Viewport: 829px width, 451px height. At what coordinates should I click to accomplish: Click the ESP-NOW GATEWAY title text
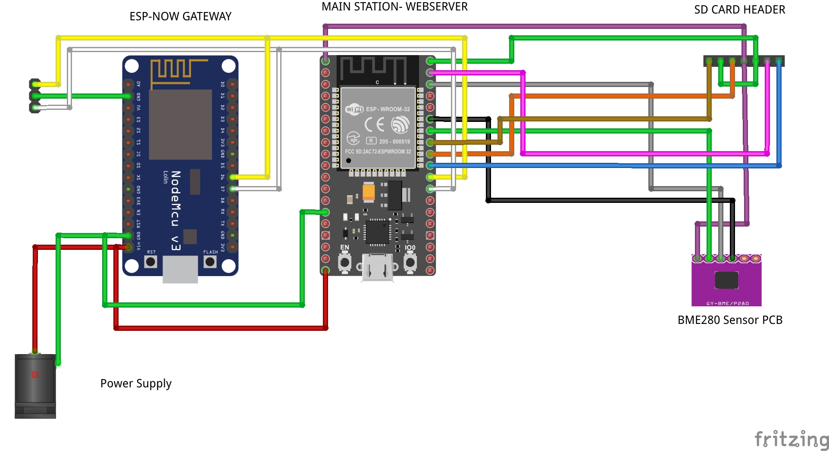[180, 16]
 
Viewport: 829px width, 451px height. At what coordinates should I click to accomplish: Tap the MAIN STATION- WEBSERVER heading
[394, 6]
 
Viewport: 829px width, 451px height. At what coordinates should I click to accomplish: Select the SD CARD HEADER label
[739, 9]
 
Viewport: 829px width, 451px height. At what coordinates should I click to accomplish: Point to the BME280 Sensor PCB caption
[729, 320]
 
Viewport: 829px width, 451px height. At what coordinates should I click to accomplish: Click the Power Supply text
[136, 383]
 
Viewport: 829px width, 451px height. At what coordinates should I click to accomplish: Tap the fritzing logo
[791, 439]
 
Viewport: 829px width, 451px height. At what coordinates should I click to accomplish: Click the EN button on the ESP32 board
[344, 262]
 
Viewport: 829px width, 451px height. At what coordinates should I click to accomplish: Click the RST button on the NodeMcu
[150, 261]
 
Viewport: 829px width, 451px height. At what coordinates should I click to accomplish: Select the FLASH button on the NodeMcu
[210, 261]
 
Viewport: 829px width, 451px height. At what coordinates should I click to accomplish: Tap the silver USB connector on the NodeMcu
[180, 269]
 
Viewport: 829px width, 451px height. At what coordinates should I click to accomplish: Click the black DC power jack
[35, 386]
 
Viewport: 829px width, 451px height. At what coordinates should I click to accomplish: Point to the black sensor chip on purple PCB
[726, 280]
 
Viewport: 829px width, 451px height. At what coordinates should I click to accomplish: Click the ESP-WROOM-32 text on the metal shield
[388, 109]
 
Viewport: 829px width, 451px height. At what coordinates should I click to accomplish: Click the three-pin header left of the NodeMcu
[34, 96]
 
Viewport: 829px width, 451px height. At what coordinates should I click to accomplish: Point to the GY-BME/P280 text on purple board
[727, 303]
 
